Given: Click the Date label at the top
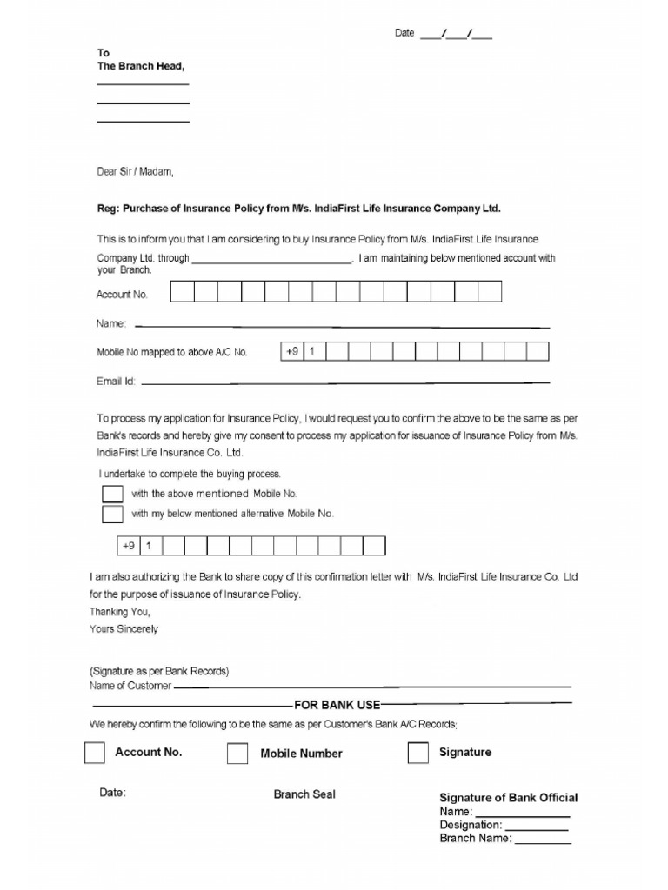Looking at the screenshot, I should tap(404, 33).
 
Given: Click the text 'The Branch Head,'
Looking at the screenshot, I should tap(141, 66).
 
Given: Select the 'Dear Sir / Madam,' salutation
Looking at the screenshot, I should tap(135, 172).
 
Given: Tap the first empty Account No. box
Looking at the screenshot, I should tap(183, 291).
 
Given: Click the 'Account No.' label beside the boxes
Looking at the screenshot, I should tap(122, 295).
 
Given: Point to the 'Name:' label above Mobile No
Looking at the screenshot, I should tap(111, 323).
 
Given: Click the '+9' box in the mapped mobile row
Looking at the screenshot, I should tap(291, 351).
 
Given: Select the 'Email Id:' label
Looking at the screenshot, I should tap(116, 381).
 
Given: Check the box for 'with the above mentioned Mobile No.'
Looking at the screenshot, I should tap(112, 494).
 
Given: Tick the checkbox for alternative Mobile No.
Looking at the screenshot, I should tap(112, 514).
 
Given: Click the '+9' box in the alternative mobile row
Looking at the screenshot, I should tap(129, 546).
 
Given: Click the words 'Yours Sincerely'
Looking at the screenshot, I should tap(124, 628).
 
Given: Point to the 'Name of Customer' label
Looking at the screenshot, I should tap(130, 686).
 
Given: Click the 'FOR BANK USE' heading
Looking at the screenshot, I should tap(337, 705).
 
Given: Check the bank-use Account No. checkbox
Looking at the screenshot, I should tap(95, 753).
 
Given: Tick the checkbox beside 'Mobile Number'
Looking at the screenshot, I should tap(237, 754).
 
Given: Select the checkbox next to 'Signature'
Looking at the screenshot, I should tap(418, 753).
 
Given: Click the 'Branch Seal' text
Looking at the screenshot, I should tap(304, 794).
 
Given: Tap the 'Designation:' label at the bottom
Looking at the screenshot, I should tap(471, 825).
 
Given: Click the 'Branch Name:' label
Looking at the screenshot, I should tap(476, 839).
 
